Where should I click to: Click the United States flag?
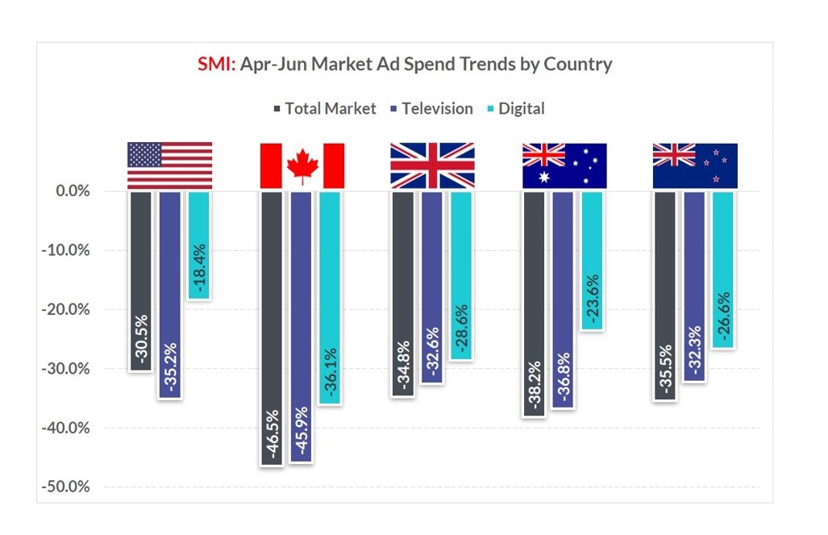click(169, 165)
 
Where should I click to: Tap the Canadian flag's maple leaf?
click(302, 165)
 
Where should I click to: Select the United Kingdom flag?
click(432, 165)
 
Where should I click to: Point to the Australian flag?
click(564, 165)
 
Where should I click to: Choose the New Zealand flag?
click(695, 165)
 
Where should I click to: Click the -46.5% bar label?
click(272, 435)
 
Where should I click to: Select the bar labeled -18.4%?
click(198, 245)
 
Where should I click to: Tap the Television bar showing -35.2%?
click(170, 294)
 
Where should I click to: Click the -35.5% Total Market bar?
click(665, 295)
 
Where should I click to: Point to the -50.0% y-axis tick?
click(68, 487)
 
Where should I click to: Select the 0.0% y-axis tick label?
click(72, 191)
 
